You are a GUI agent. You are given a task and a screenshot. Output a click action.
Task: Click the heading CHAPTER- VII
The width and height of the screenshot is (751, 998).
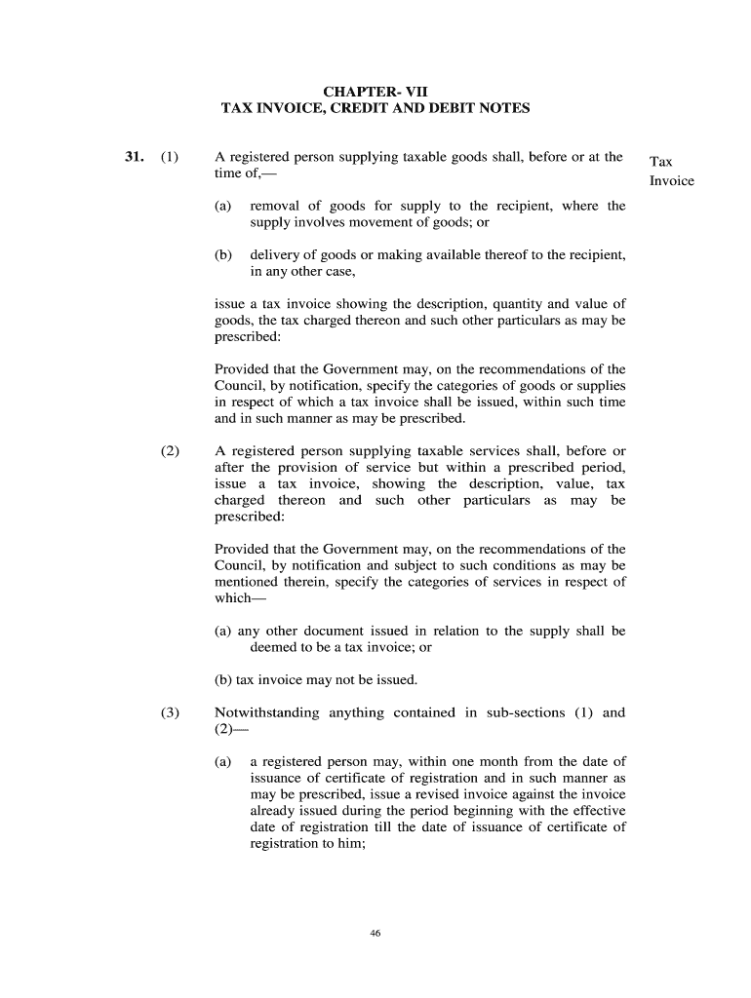(x=375, y=92)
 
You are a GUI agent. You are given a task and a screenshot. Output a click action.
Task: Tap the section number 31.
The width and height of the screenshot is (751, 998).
(x=135, y=157)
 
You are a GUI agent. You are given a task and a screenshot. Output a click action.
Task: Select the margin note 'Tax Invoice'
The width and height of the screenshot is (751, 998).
(x=671, y=171)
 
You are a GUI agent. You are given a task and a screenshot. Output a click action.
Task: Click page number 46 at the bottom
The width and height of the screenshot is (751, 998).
(x=375, y=933)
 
